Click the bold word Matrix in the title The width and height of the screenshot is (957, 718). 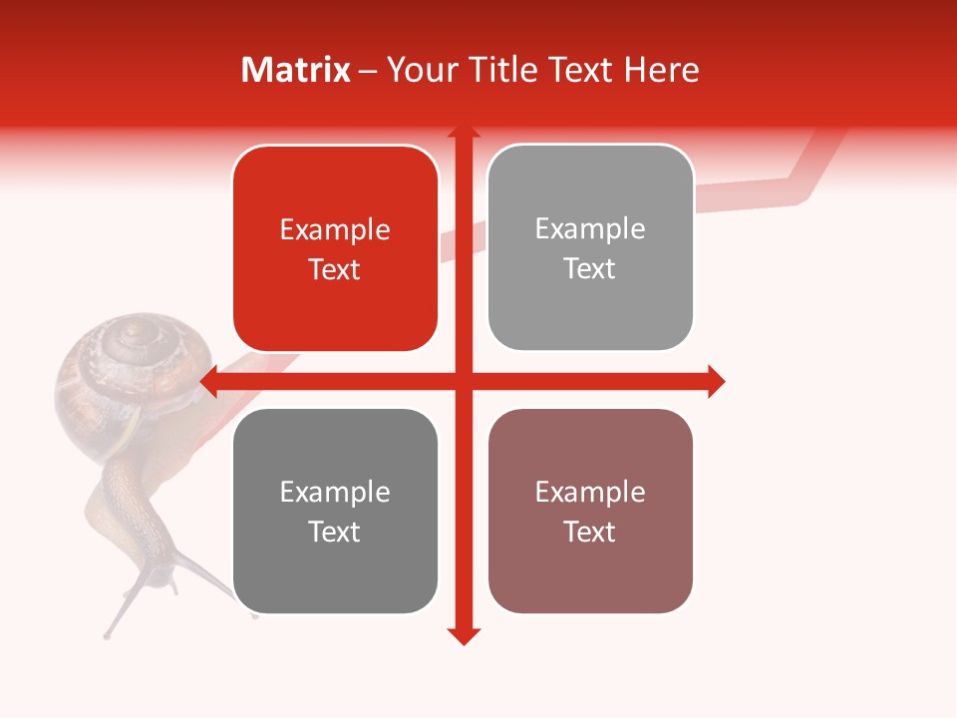296,70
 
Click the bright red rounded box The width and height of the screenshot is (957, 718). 335,248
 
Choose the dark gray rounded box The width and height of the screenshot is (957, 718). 335,511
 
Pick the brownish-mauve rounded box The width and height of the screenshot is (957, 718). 590,511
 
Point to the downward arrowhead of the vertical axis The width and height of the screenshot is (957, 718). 463,636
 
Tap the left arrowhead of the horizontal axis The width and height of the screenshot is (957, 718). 208,381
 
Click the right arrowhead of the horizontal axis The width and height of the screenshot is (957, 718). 717,381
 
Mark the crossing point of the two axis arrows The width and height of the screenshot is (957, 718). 463,381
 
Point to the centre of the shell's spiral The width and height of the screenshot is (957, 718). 132,344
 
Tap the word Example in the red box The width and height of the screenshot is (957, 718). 335,230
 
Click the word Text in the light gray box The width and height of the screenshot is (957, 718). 590,268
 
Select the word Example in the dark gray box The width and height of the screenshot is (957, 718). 335,493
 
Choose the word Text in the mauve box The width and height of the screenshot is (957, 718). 590,532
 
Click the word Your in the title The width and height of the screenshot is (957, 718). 415,70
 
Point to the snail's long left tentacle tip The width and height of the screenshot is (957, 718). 107,634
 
